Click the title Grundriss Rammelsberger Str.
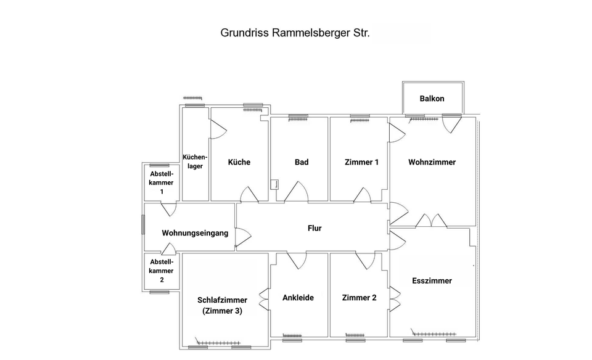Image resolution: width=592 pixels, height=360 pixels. point(295,33)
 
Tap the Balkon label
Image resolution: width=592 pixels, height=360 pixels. point(432,99)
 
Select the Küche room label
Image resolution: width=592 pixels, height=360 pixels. point(239,162)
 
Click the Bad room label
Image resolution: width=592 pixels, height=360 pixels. point(302,162)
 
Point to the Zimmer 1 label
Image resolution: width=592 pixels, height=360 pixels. point(361,162)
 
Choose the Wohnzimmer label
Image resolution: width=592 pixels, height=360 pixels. point(432,162)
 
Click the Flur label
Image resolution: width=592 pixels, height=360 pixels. point(314,228)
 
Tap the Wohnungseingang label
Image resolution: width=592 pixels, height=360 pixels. point(195,233)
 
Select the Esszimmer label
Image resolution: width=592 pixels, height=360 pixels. point(432,280)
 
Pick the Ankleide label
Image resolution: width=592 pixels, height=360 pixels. point(298,298)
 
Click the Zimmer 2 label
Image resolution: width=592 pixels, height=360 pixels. point(359,298)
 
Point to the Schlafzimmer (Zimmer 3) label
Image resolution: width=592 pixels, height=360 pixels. point(222,306)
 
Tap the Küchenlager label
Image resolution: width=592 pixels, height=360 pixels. point(195,162)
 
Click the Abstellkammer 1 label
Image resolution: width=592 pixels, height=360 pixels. point(162,182)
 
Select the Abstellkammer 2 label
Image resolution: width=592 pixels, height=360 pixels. point(162,271)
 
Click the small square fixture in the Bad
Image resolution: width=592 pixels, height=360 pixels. point(273,184)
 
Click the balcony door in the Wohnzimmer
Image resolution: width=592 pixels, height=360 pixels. point(451,122)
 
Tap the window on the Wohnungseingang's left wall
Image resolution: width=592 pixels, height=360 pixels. point(143,224)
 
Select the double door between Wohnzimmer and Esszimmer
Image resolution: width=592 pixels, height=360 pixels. point(431,221)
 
